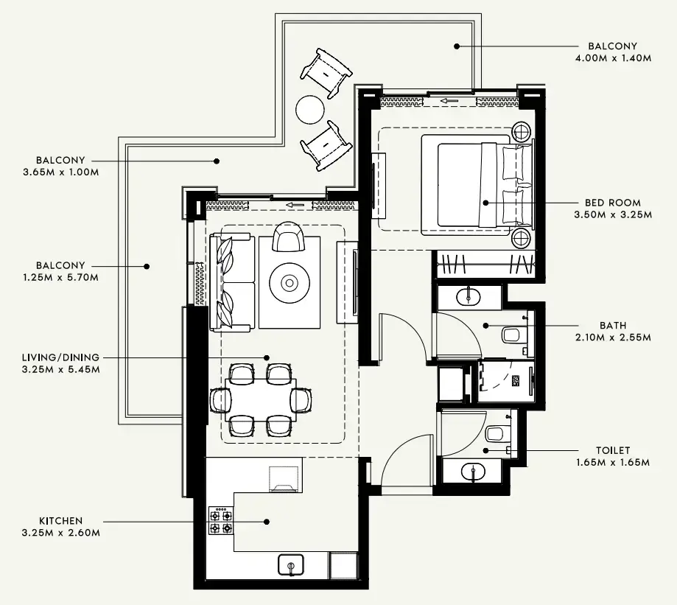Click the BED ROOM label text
(612, 203)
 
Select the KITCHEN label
(62, 520)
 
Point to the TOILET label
(613, 450)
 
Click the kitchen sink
(292, 565)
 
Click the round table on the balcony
(310, 111)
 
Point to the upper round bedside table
(522, 132)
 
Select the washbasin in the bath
(469, 297)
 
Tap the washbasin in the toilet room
(471, 469)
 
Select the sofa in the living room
(231, 281)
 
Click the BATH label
(612, 325)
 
